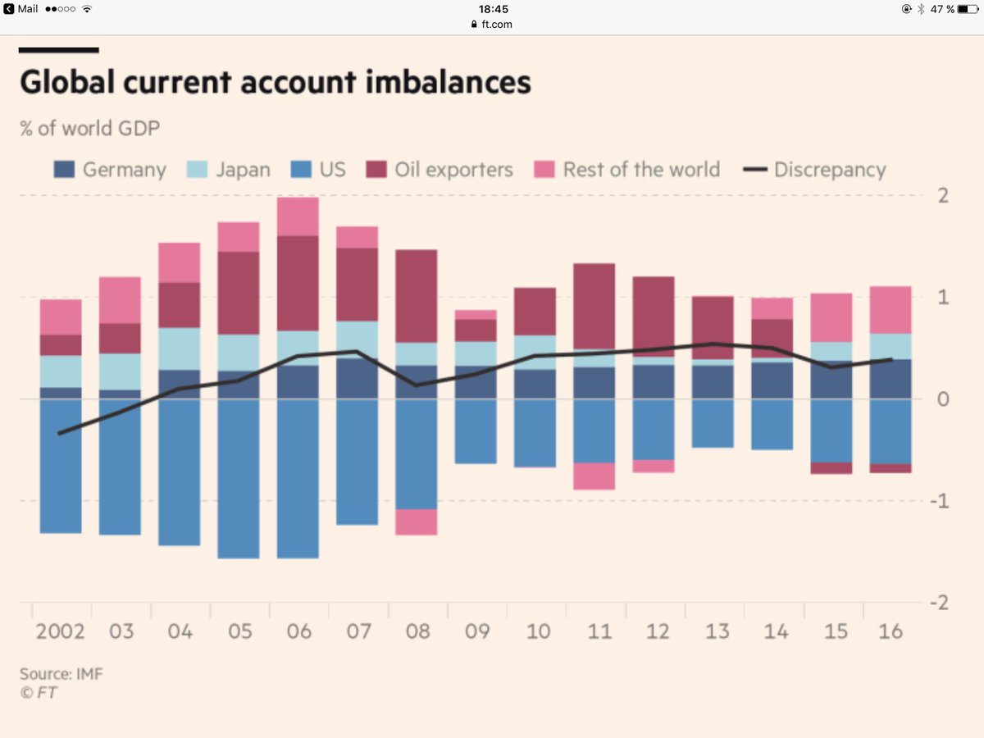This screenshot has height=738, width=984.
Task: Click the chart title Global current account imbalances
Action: coord(275,83)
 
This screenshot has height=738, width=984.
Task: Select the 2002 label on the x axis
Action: coord(61,631)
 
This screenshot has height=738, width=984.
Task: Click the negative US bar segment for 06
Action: coord(298,478)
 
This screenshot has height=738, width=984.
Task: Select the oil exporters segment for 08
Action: coord(416,296)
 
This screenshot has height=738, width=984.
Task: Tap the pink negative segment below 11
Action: coord(594,476)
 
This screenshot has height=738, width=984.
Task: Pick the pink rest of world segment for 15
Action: coord(831,317)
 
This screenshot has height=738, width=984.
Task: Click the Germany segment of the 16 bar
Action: coord(891,379)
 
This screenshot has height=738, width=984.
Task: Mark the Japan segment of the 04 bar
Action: coord(179,348)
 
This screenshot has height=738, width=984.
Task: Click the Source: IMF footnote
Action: coord(61,674)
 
